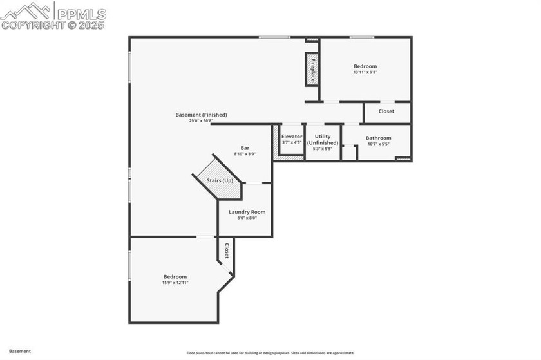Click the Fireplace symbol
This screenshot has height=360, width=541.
point(312,69)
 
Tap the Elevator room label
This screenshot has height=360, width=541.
point(292,137)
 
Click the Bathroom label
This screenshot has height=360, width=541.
point(378,138)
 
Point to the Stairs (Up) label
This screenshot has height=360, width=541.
point(220,180)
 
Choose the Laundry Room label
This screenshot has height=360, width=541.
point(247,212)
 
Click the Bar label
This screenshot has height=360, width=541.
point(245,147)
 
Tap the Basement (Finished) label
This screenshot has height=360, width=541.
point(201,115)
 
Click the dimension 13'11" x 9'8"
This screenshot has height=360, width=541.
point(365,72)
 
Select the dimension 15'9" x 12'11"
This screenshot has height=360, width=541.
point(175,282)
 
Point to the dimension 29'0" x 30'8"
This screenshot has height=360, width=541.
point(201,121)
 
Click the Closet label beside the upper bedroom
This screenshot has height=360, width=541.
point(386,111)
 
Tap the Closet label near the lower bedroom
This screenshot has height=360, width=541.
point(227,251)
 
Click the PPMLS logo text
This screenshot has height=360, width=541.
point(81,13)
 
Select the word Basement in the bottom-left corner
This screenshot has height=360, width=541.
point(19,351)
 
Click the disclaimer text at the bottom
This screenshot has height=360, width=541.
point(270,353)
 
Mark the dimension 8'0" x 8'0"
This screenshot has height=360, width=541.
point(247,218)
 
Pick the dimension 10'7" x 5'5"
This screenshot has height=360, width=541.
point(378,144)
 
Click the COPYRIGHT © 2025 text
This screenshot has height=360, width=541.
point(55,26)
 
